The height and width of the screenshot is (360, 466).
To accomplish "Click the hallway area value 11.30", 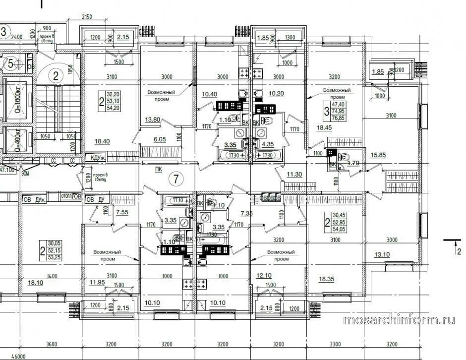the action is tap(295, 175).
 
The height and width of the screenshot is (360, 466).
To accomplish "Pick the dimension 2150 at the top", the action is tap(87, 17).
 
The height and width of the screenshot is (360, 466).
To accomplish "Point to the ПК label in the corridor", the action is tap(159, 169).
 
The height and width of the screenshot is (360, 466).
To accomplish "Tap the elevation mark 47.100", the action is tap(7, 170).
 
